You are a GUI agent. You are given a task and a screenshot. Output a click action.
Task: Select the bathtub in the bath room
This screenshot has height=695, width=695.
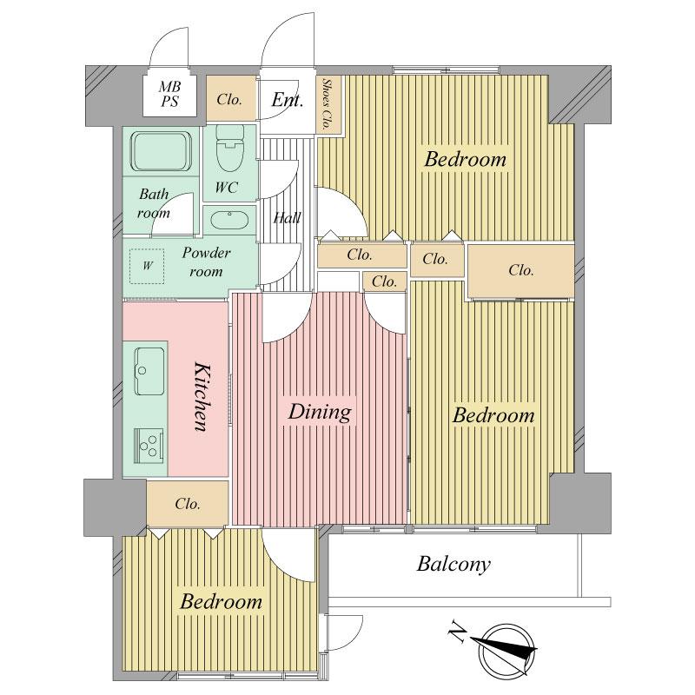[162, 152]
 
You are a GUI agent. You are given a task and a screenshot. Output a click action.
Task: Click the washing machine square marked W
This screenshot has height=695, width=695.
[148, 266]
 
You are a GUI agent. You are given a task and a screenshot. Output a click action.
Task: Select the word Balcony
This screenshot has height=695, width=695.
[453, 565]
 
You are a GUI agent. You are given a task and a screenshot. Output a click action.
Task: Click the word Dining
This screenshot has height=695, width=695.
[320, 411]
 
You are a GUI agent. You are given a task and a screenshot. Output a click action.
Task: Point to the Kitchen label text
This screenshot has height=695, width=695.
[199, 396]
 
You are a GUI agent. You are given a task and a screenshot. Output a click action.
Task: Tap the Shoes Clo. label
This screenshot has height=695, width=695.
[328, 104]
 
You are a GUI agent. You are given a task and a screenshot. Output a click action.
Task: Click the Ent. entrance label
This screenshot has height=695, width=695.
[287, 100]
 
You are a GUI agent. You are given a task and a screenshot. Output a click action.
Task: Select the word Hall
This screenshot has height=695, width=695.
[287, 217]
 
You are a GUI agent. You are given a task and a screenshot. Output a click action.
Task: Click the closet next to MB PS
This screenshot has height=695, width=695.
[229, 99]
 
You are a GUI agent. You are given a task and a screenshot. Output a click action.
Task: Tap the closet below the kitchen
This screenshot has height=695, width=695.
[188, 504]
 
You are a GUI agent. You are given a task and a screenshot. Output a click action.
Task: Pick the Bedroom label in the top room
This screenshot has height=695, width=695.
[465, 160]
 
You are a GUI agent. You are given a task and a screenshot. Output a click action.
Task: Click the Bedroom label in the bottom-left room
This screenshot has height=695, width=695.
[221, 601]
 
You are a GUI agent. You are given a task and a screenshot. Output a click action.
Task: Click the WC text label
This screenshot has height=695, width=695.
[226, 187]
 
